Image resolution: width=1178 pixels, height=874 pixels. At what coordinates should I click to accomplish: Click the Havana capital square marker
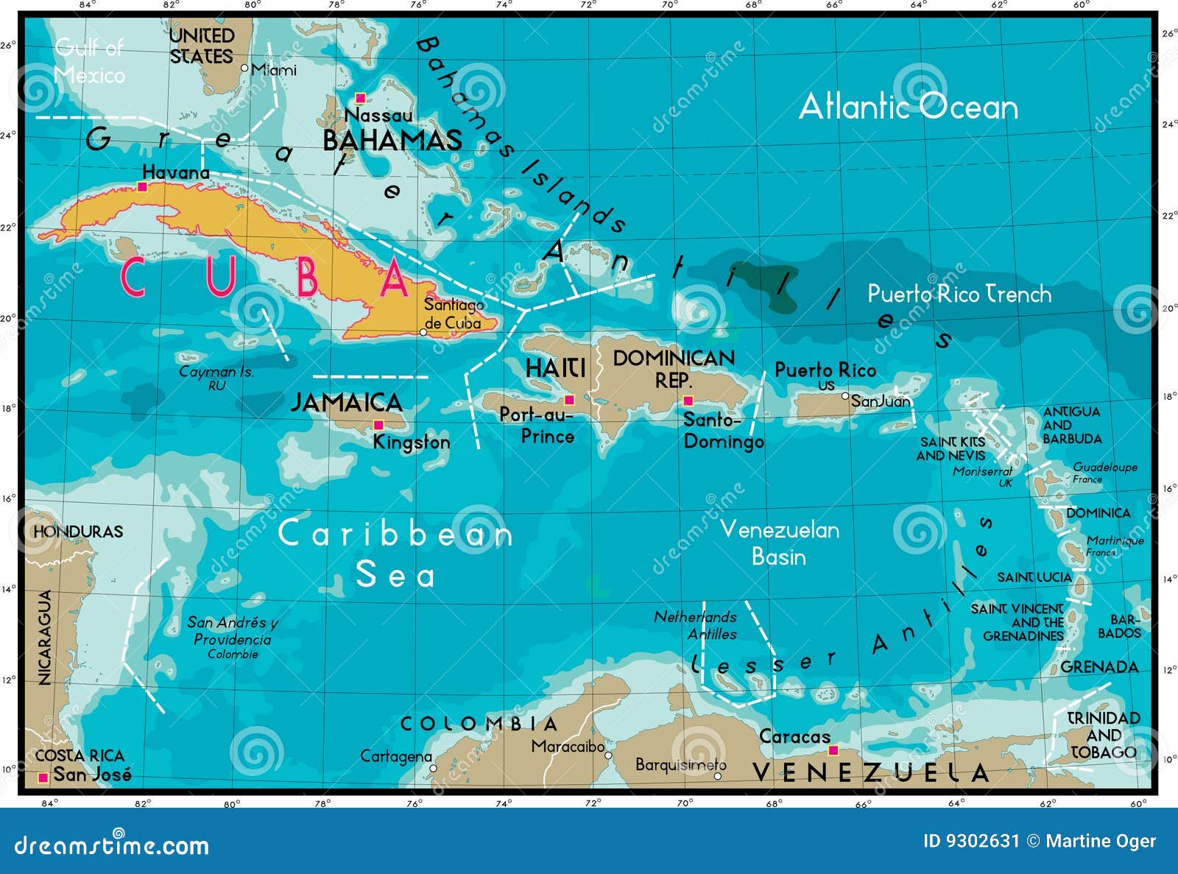point(142,186)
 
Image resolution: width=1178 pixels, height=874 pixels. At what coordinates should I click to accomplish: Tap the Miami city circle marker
point(245,68)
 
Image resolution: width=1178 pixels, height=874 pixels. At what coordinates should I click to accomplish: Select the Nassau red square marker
point(360,98)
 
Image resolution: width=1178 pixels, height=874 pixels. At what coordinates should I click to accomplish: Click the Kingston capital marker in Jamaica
point(378,425)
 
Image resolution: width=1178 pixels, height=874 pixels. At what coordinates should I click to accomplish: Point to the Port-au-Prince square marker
point(569,401)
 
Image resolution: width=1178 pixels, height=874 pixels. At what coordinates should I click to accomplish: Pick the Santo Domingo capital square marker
point(688,401)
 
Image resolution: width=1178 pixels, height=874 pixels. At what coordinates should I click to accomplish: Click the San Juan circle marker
point(845,396)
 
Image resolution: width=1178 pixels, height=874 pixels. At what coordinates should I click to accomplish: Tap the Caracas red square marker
point(833,750)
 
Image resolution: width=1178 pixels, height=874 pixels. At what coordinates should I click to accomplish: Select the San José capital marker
point(43,777)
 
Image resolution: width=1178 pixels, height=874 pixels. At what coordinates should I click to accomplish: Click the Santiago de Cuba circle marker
point(423,332)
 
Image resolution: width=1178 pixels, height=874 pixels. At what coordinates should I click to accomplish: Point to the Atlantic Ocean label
point(909,108)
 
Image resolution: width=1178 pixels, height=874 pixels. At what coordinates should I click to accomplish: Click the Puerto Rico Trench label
point(959,295)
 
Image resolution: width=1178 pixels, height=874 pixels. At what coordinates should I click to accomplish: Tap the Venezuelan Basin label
point(779,543)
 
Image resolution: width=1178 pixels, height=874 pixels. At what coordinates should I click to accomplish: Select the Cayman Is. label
point(216,373)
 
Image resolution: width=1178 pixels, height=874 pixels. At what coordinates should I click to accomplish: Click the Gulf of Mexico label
point(90,61)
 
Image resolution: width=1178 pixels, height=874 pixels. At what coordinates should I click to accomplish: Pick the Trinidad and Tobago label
point(1103,735)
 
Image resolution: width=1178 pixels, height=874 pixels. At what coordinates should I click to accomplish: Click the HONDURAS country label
point(78,531)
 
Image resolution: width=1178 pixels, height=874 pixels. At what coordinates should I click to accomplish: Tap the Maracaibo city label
point(568,747)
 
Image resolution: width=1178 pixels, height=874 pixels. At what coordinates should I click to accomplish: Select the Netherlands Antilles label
point(696,625)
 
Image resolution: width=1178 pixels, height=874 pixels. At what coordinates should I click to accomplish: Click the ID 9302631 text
point(970,841)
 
